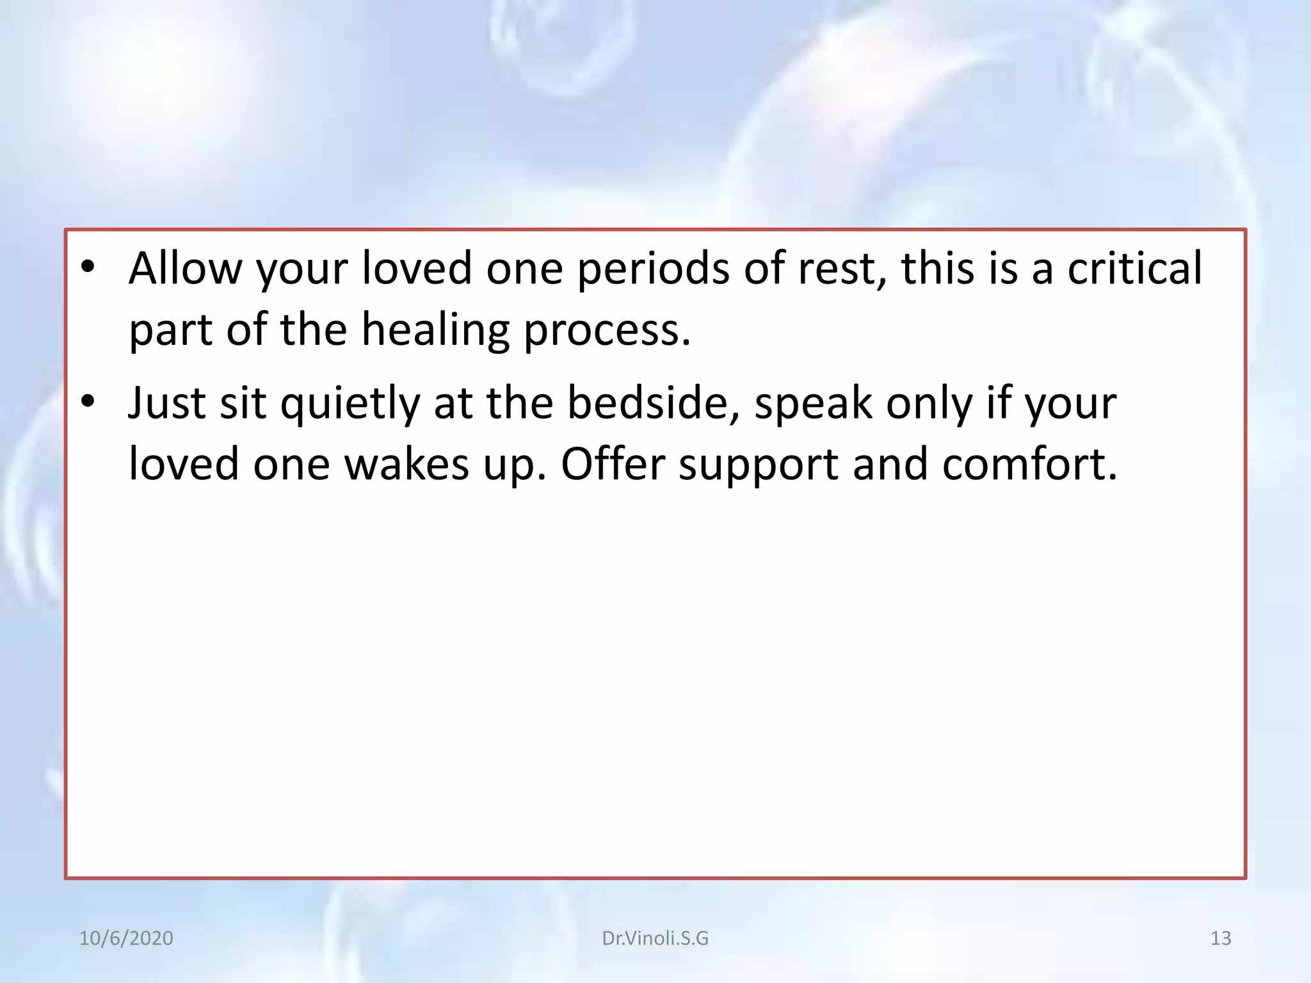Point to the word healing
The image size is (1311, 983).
[x=435, y=330]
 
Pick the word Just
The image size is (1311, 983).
[x=166, y=403]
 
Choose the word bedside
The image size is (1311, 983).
[x=654, y=403]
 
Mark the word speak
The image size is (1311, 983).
[x=813, y=404]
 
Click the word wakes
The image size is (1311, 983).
[x=406, y=464]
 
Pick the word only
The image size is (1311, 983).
[x=929, y=404]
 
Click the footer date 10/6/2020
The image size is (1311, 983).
[x=126, y=938]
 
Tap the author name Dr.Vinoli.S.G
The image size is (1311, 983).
[x=655, y=938]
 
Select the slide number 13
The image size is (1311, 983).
[x=1221, y=938]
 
